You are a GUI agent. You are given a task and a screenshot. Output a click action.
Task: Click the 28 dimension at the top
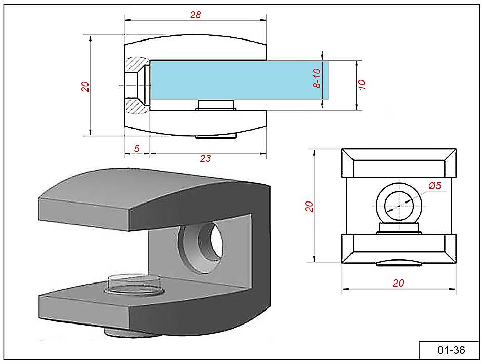click(195, 15)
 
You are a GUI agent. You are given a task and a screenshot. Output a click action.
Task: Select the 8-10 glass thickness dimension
click(317, 77)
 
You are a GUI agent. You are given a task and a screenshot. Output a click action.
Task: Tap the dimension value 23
click(205, 158)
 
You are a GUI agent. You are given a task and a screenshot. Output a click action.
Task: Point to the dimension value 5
click(137, 149)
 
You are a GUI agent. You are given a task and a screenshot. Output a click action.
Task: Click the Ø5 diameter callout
click(435, 186)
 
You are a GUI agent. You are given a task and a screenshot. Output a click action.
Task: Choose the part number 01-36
click(451, 350)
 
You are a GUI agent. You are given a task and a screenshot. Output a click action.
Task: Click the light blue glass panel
click(238, 80)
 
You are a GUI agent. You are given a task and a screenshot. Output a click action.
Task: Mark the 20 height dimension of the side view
click(85, 86)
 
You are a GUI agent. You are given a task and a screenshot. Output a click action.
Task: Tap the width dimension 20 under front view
click(399, 283)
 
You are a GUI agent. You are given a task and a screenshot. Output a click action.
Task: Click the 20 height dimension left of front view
click(310, 206)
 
